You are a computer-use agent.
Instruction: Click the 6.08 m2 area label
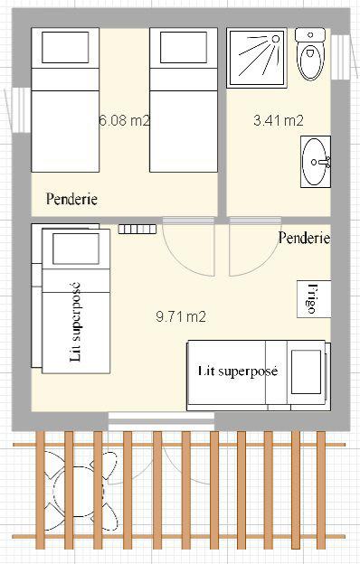(124, 120)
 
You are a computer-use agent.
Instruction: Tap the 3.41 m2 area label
(279, 120)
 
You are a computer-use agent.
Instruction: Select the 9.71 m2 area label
(181, 316)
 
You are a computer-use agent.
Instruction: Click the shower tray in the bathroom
(257, 58)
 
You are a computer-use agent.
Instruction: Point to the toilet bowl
(310, 61)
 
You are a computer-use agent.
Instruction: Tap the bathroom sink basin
(316, 162)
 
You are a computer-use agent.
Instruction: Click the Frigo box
(314, 299)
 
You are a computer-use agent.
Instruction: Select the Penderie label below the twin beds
(71, 199)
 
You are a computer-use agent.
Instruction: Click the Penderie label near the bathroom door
(304, 238)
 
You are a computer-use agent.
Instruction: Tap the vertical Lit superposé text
(76, 323)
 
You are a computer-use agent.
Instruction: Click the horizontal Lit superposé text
(238, 371)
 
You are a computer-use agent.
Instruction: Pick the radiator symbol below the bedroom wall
(137, 230)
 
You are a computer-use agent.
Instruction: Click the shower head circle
(276, 39)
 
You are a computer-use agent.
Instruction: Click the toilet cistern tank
(310, 35)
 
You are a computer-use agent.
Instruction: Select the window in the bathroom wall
(341, 57)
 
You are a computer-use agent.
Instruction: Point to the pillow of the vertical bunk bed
(76, 249)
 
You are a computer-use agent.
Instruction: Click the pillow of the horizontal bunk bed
(306, 371)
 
